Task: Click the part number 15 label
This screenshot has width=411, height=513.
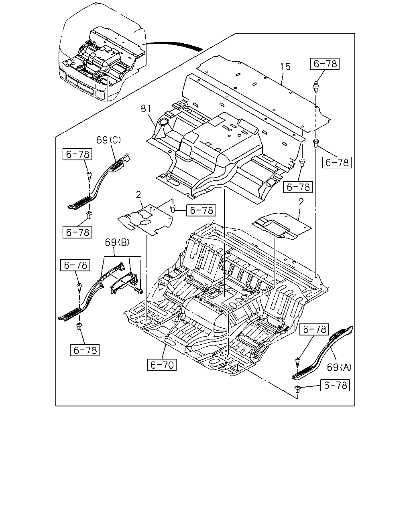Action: coord(285,67)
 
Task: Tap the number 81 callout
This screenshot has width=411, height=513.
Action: coord(146,109)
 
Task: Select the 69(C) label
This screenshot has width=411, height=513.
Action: coord(109,140)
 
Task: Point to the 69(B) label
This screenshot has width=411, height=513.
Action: coord(117,242)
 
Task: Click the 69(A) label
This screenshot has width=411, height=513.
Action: coord(339,368)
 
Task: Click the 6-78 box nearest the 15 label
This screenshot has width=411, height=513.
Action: coord(325,64)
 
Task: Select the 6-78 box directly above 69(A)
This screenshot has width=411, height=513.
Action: coord(314,329)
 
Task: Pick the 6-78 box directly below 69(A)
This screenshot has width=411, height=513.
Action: coord(335,385)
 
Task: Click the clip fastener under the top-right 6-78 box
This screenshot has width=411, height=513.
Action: coord(316,87)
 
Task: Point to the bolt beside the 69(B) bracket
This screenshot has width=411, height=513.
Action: coord(139,291)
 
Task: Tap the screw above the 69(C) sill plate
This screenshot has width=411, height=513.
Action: coord(90,176)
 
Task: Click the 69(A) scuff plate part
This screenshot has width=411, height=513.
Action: coord(323,352)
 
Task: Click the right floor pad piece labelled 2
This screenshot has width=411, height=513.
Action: coord(282,226)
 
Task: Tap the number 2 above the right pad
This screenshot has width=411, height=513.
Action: coord(301,202)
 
